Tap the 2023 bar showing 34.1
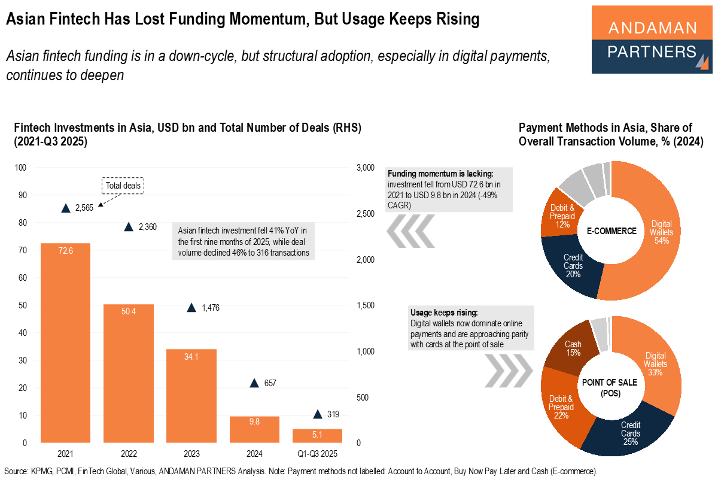click(191, 396)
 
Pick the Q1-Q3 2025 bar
click(317, 435)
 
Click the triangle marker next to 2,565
click(66, 208)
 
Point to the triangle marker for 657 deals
click(254, 383)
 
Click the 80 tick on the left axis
click(23, 223)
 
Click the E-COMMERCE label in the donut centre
click(610, 231)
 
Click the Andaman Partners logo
click(652, 39)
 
